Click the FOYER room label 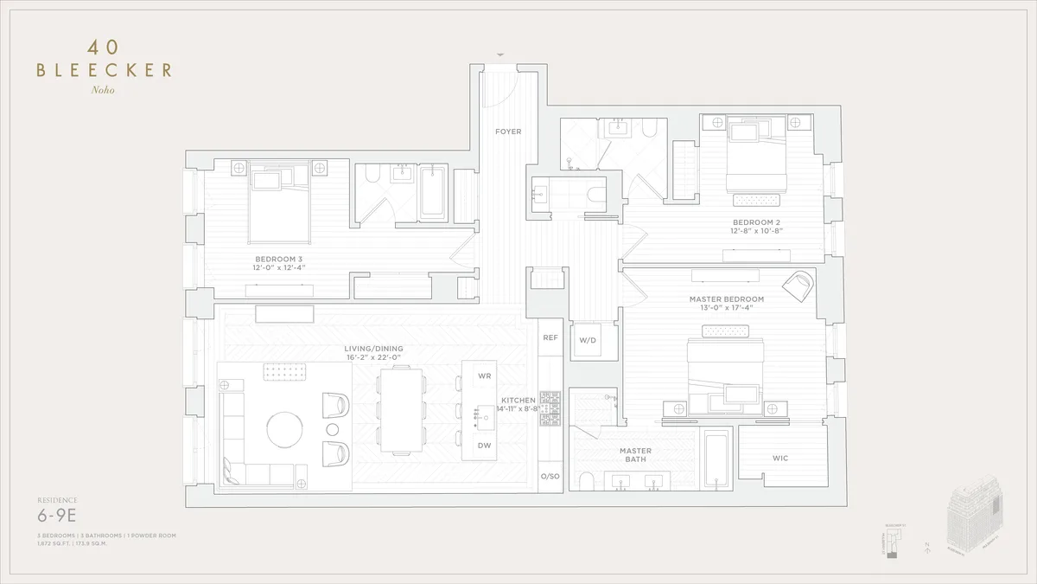pyautogui.click(x=507, y=132)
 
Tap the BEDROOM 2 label pyautogui.click(x=756, y=221)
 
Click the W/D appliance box pyautogui.click(x=588, y=340)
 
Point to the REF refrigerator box pyautogui.click(x=550, y=338)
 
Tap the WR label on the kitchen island pyautogui.click(x=484, y=376)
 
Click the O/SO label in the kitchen pyautogui.click(x=550, y=477)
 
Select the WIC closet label pyautogui.click(x=780, y=458)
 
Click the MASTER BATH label pyautogui.click(x=635, y=456)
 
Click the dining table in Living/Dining pyautogui.click(x=402, y=409)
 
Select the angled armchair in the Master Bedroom pyautogui.click(x=799, y=286)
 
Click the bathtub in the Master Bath pyautogui.click(x=717, y=458)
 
